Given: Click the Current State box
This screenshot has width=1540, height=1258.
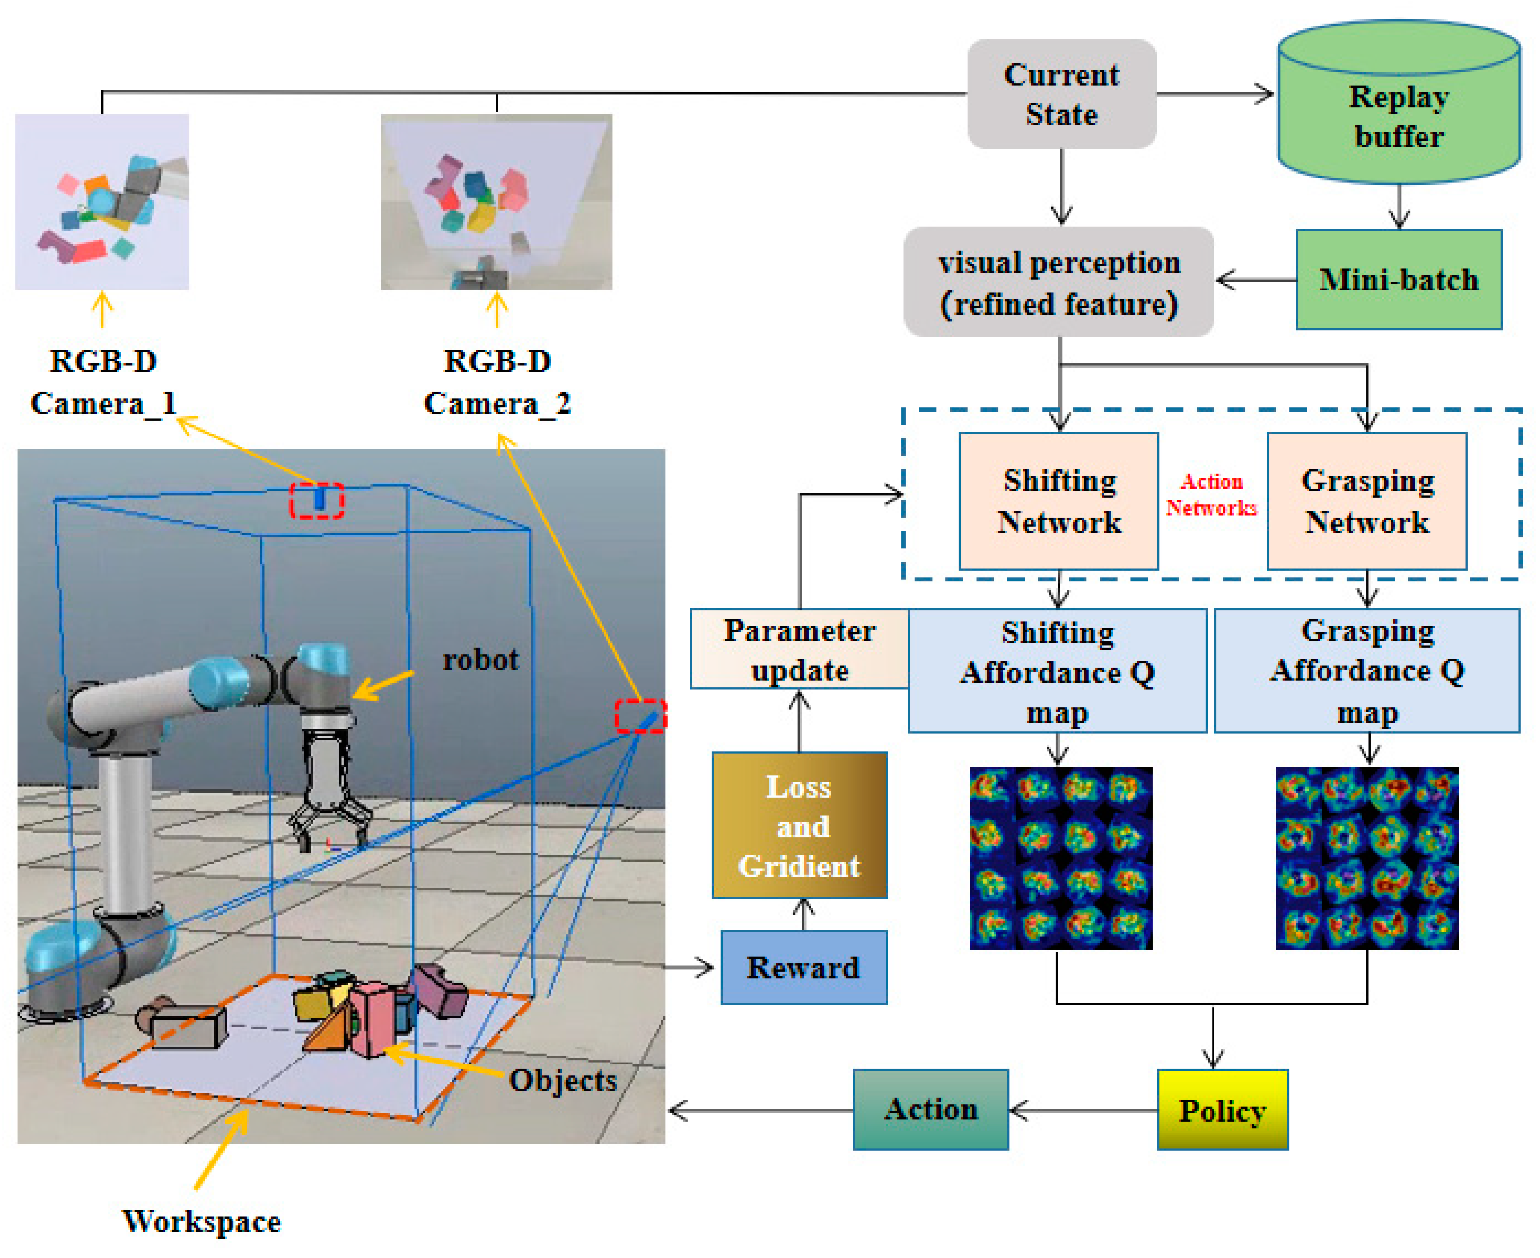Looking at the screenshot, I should [1061, 94].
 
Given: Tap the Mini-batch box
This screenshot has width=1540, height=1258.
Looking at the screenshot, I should [1398, 280].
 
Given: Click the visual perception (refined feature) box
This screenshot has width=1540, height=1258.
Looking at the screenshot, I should [1059, 283].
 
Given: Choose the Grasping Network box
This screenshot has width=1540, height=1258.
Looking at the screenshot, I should [1367, 501].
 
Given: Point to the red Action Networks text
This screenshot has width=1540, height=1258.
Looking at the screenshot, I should [1211, 495].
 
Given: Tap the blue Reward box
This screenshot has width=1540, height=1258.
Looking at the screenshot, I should [803, 968].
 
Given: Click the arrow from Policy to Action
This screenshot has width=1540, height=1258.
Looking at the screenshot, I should [1083, 1110].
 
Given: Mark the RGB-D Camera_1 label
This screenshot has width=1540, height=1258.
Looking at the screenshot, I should [103, 382].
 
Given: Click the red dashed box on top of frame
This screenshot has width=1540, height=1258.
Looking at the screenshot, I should [317, 500].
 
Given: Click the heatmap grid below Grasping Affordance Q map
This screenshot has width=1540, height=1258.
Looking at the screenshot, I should [1367, 858].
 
